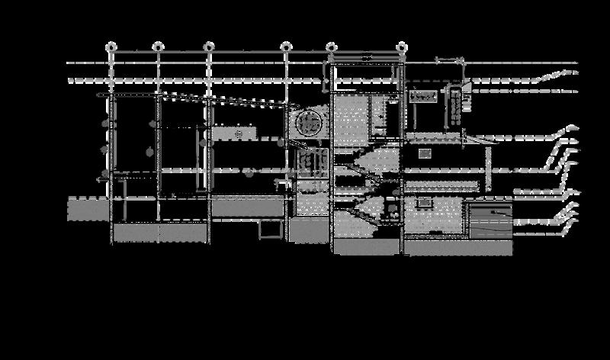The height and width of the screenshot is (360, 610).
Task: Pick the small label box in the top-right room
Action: tap(423, 96)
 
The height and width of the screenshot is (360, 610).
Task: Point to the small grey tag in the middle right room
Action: tap(425, 153)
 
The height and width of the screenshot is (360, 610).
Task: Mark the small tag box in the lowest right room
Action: tap(425, 202)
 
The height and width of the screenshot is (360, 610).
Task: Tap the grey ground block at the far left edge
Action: tap(84, 209)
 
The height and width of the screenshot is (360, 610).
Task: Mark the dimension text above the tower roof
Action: tap(364, 58)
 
